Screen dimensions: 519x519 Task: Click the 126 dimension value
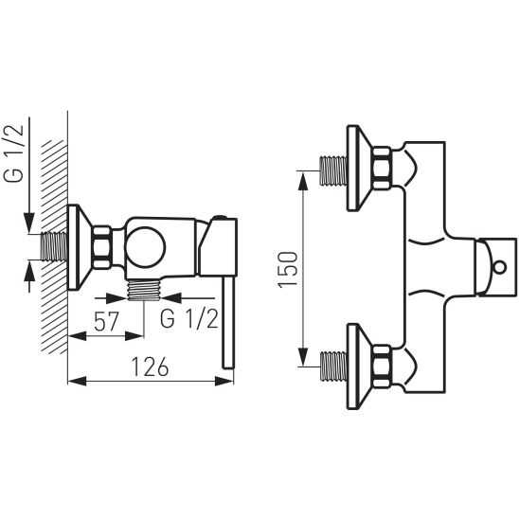click(x=151, y=367)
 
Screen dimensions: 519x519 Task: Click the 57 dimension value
click(x=106, y=321)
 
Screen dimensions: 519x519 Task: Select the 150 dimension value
click(x=288, y=269)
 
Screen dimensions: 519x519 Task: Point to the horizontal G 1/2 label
click(x=189, y=319)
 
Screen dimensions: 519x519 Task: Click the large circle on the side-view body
click(x=145, y=247)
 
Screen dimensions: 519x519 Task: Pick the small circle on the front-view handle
click(x=499, y=267)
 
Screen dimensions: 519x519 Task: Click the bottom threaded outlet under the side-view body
click(x=144, y=290)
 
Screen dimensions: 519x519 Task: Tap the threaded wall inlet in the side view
click(x=54, y=246)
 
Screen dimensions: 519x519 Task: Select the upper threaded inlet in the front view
click(x=333, y=170)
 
